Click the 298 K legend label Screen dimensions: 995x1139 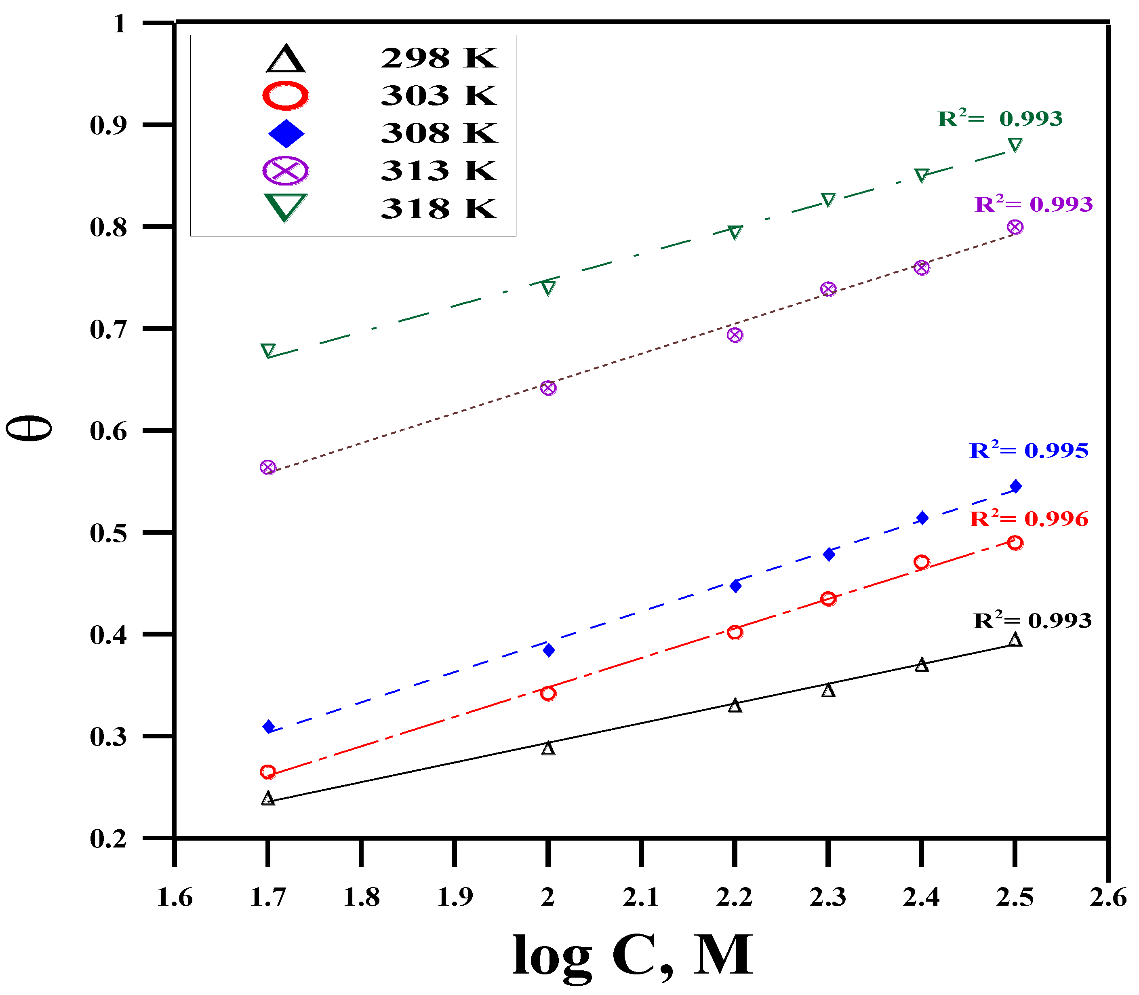438,58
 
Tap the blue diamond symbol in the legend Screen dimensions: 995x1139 286,133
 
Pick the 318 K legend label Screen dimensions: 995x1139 438,209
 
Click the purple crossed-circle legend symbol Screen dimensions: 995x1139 285,171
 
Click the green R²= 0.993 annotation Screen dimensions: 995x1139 1000,118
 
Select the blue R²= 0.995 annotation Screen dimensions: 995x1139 1029,450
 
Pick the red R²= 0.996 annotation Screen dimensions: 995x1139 1029,519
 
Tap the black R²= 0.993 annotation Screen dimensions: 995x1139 1032,620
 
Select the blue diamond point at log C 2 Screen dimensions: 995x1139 548,650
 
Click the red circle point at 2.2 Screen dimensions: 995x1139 735,632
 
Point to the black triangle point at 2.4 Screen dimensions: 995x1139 921,665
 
